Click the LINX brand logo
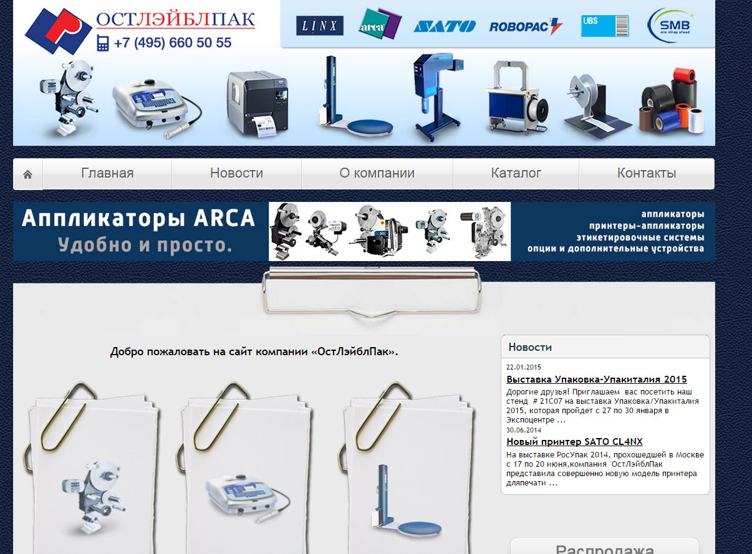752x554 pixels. [x=320, y=26]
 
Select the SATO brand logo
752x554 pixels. [x=445, y=26]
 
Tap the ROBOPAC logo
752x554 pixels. [x=526, y=26]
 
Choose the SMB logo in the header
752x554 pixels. [x=670, y=25]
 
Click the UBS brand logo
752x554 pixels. [x=605, y=26]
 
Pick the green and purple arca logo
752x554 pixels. [x=380, y=24]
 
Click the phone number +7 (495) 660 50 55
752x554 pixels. [x=173, y=42]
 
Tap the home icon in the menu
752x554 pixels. [x=28, y=174]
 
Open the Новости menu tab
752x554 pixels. [x=236, y=173]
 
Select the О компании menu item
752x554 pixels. [x=377, y=173]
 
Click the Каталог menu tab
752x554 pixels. [x=516, y=173]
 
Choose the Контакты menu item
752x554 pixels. [x=647, y=173]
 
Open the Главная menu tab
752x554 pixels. [x=107, y=173]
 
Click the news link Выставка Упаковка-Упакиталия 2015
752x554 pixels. [x=597, y=379]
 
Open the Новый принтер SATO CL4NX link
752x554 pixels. [x=574, y=442]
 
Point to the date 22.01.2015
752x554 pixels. [x=523, y=367]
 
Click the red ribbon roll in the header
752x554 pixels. [x=684, y=76]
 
